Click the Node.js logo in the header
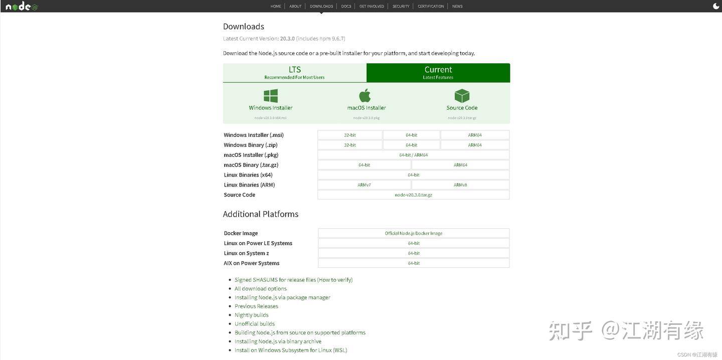click(21, 7)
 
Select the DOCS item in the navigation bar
click(346, 7)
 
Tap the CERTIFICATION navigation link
click(431, 7)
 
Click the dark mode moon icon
click(716, 7)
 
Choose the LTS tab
click(295, 73)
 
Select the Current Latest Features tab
click(438, 73)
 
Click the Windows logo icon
click(271, 96)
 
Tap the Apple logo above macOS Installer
click(365, 95)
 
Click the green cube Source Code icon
click(462, 96)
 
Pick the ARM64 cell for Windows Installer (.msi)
click(475, 135)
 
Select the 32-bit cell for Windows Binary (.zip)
click(350, 145)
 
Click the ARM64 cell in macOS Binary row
click(460, 165)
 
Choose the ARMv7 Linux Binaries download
click(365, 185)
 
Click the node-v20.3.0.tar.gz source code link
click(414, 195)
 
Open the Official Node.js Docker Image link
click(414, 233)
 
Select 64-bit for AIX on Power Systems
click(414, 263)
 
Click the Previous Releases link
click(256, 306)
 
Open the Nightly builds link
click(252, 315)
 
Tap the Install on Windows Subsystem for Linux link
click(291, 350)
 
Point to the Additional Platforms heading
click(261, 214)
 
